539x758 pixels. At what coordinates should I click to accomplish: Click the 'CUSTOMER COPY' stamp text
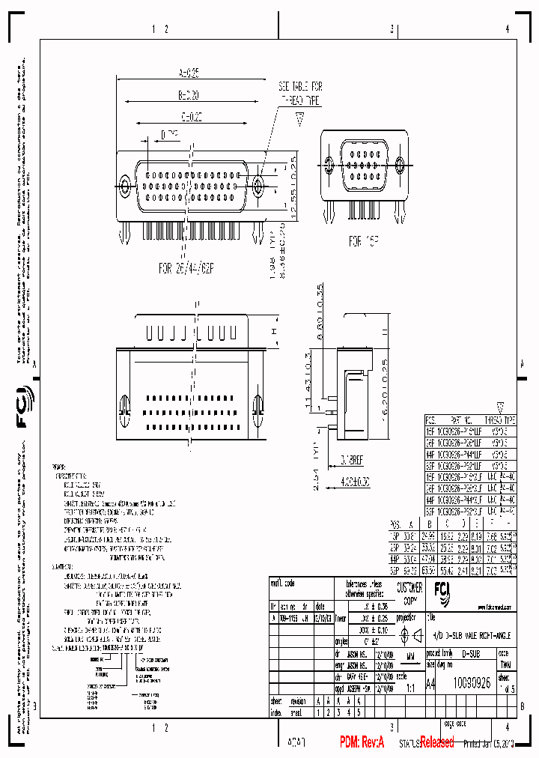pos(409,593)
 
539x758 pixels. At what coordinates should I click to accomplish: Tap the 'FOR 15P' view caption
pos(365,241)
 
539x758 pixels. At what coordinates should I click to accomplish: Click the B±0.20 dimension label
pos(189,96)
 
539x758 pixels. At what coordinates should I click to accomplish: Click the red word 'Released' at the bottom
pos(436,742)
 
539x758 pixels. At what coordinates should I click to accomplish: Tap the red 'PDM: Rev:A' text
pos(362,742)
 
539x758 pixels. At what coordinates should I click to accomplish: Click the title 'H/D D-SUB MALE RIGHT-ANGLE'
pos(472,635)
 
